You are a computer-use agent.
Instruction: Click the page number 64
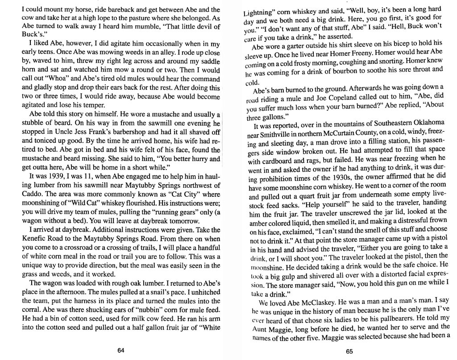click(120, 350)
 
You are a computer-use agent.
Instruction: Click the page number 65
click(349, 351)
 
